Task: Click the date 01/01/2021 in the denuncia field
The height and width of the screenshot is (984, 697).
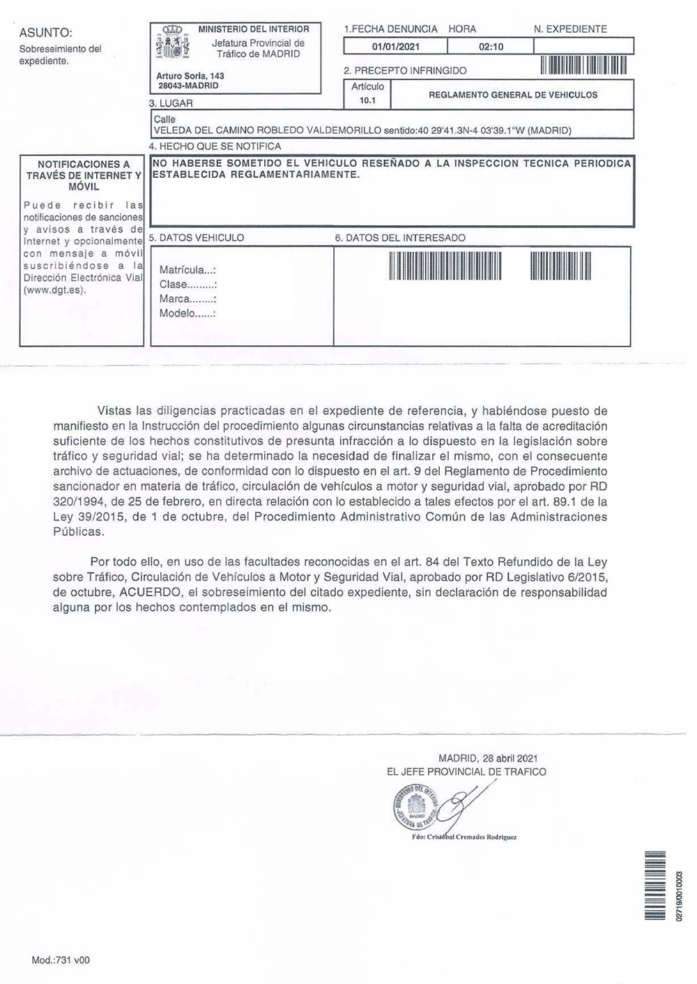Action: [x=395, y=47]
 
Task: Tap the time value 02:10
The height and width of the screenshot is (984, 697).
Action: [x=491, y=47]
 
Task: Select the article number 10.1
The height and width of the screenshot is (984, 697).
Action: [x=367, y=100]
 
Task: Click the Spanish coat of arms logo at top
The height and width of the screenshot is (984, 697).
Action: [x=172, y=44]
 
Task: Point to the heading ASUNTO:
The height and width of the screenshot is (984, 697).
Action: [x=46, y=33]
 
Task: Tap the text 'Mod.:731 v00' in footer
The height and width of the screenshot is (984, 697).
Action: [x=61, y=960]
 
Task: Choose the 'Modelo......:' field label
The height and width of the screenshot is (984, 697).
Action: [x=187, y=313]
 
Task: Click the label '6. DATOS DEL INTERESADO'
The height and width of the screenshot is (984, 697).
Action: [x=400, y=238]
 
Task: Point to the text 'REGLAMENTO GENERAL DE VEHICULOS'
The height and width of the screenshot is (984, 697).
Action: [x=513, y=95]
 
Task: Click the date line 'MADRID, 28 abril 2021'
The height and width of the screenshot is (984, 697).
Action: [x=488, y=758]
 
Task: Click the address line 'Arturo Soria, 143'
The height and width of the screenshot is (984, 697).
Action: [x=190, y=76]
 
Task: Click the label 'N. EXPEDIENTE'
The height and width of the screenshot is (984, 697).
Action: [x=570, y=29]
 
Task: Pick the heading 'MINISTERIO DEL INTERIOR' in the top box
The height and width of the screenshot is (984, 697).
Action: [x=254, y=29]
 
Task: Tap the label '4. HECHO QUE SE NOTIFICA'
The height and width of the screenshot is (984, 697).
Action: [x=215, y=146]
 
